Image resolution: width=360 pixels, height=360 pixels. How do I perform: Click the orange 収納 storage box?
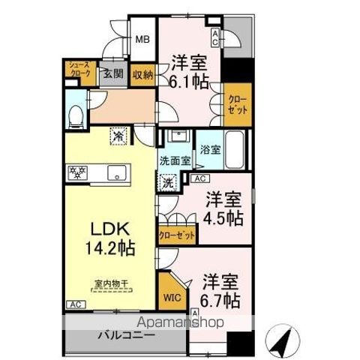pos(142,73)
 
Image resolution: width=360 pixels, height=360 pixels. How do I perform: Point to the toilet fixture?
pos(76,115)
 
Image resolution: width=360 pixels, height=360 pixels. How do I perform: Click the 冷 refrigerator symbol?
pos(118,136)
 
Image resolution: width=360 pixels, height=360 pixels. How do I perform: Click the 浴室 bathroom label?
pos(209,149)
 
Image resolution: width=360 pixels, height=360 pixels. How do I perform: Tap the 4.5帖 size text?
pos(224,217)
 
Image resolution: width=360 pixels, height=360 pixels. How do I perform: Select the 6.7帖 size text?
pos(220,300)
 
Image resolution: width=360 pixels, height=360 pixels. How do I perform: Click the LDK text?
pos(109,227)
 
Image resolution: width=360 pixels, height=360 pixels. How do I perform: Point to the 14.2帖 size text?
pos(109,247)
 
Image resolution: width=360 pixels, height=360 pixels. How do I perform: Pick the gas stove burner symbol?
pos(76,171)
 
